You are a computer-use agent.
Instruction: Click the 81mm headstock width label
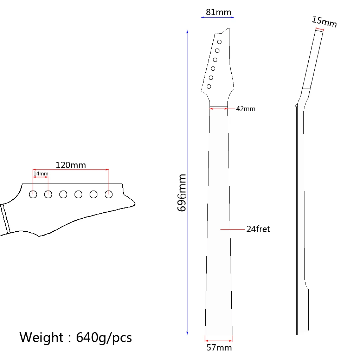[218, 12]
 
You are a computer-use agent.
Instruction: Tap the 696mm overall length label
[182, 193]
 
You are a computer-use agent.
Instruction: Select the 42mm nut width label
[246, 109]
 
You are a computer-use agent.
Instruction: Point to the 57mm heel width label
[219, 348]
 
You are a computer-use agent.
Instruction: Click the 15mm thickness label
[324, 22]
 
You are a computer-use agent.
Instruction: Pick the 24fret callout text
[258, 229]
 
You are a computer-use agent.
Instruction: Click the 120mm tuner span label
[71, 165]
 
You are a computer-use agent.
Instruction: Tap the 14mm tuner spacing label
[41, 174]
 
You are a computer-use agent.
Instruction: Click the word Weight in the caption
[41, 337]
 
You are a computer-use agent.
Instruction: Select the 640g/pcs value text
[104, 337]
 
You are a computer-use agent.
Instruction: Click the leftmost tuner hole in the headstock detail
[33, 194]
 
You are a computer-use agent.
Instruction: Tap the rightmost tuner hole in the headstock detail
[109, 194]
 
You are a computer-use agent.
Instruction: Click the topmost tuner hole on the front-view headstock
[219, 42]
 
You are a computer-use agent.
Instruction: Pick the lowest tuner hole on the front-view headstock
[209, 86]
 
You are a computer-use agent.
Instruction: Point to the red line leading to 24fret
[232, 229]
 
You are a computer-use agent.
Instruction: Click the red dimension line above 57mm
[218, 340]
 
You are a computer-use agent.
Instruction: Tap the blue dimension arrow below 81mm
[217, 17]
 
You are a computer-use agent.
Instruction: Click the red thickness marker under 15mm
[319, 29]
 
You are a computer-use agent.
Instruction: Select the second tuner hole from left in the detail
[48, 194]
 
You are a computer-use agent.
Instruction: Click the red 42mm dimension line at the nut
[218, 109]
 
